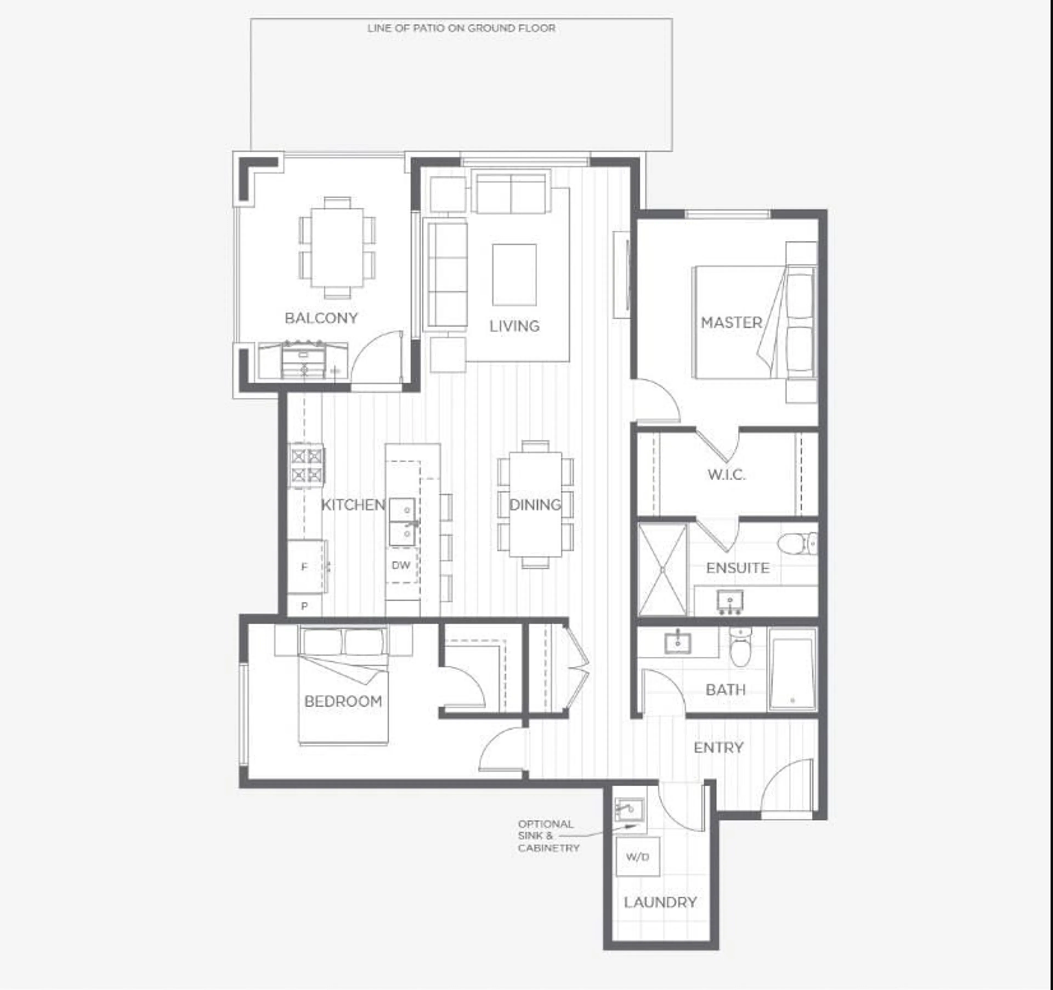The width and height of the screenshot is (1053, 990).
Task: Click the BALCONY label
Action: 321,318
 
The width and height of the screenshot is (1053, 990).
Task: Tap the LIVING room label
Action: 514,326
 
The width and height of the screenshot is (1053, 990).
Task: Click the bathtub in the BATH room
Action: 792,669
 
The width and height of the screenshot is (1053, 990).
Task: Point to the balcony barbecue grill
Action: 304,360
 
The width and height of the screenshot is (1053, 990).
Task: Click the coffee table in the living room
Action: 514,275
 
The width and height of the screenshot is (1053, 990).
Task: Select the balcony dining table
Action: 337,248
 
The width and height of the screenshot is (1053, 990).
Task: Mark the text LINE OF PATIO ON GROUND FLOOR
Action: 461,28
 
